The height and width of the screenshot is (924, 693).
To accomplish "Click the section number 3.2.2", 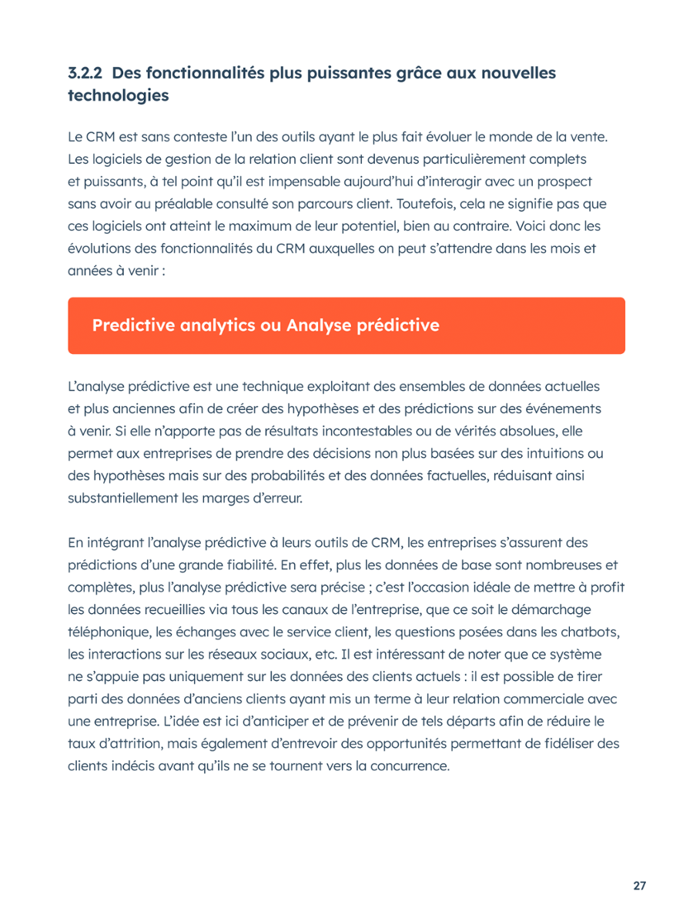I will point(85,73).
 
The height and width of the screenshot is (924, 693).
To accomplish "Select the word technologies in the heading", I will point(118,96).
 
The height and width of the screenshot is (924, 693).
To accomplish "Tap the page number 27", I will point(640,886).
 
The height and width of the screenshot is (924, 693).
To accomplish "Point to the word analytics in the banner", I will point(213,325).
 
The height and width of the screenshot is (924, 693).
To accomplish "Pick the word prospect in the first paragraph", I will point(564,182).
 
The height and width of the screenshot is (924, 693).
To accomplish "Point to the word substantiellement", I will point(122,498).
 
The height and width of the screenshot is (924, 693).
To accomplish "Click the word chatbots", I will point(591,632).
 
